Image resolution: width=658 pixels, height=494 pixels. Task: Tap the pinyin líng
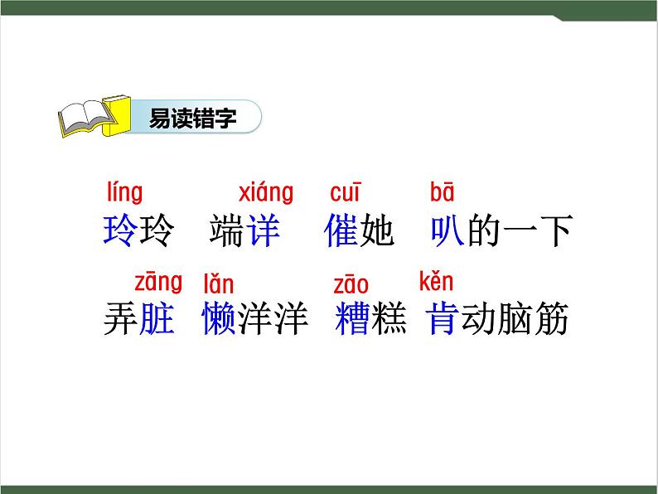pos(125,193)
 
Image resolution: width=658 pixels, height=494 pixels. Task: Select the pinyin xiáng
pos(266,193)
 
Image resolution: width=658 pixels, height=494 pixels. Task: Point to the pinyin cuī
pos(346,193)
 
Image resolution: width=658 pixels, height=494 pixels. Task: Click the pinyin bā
pos(443,193)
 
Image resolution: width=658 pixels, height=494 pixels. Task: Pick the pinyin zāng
pos(158,282)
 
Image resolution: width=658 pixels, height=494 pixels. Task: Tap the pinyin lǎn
pos(219,284)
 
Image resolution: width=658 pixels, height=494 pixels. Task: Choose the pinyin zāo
pos(351,285)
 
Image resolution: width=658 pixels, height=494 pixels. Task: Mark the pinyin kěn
pos(436,282)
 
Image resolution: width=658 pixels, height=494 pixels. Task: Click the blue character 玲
pos(119,230)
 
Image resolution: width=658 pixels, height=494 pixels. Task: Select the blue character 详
pos(264,230)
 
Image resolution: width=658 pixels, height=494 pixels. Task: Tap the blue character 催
pos(341,230)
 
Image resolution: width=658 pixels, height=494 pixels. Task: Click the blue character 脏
pos(157,319)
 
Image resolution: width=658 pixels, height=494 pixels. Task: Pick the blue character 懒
pos(219,319)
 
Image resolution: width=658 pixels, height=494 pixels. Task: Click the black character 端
pos(228,230)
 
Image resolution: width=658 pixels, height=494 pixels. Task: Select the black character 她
pos(377,230)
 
